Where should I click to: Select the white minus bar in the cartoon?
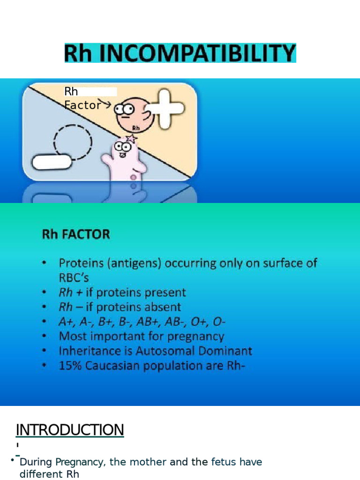coord(52,162)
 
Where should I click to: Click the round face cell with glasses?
coord(132,114)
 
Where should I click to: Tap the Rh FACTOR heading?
coord(76,234)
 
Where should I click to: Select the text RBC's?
coord(74,277)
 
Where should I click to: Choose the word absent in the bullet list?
coord(157,307)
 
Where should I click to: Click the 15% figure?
coord(70,366)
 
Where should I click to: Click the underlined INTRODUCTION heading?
coord(70,429)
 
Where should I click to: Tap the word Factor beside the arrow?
coord(82,105)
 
